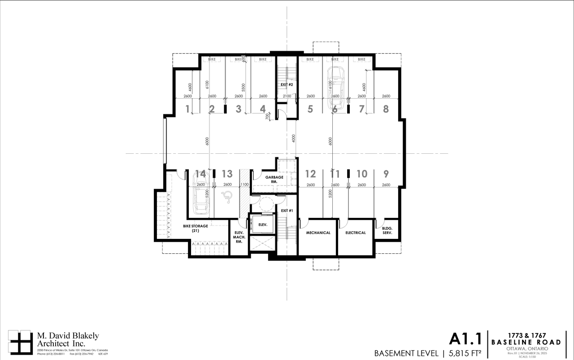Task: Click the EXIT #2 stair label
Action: tap(287, 84)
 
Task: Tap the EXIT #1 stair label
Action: tap(287, 211)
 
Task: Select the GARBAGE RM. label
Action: tap(274, 180)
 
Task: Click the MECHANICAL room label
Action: tap(318, 233)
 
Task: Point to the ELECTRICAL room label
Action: tap(355, 233)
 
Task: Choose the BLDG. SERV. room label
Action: tap(387, 230)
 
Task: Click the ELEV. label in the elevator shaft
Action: tap(262, 224)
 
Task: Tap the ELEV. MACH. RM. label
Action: tap(239, 237)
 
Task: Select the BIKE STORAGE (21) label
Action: tap(195, 228)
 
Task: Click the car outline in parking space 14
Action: tap(200, 195)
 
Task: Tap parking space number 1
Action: tap(187, 109)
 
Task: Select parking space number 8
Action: tap(386, 109)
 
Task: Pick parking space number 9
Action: tap(386, 174)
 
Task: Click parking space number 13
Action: tap(227, 174)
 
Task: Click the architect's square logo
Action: tap(21, 342)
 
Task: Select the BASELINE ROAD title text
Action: tap(526, 342)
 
